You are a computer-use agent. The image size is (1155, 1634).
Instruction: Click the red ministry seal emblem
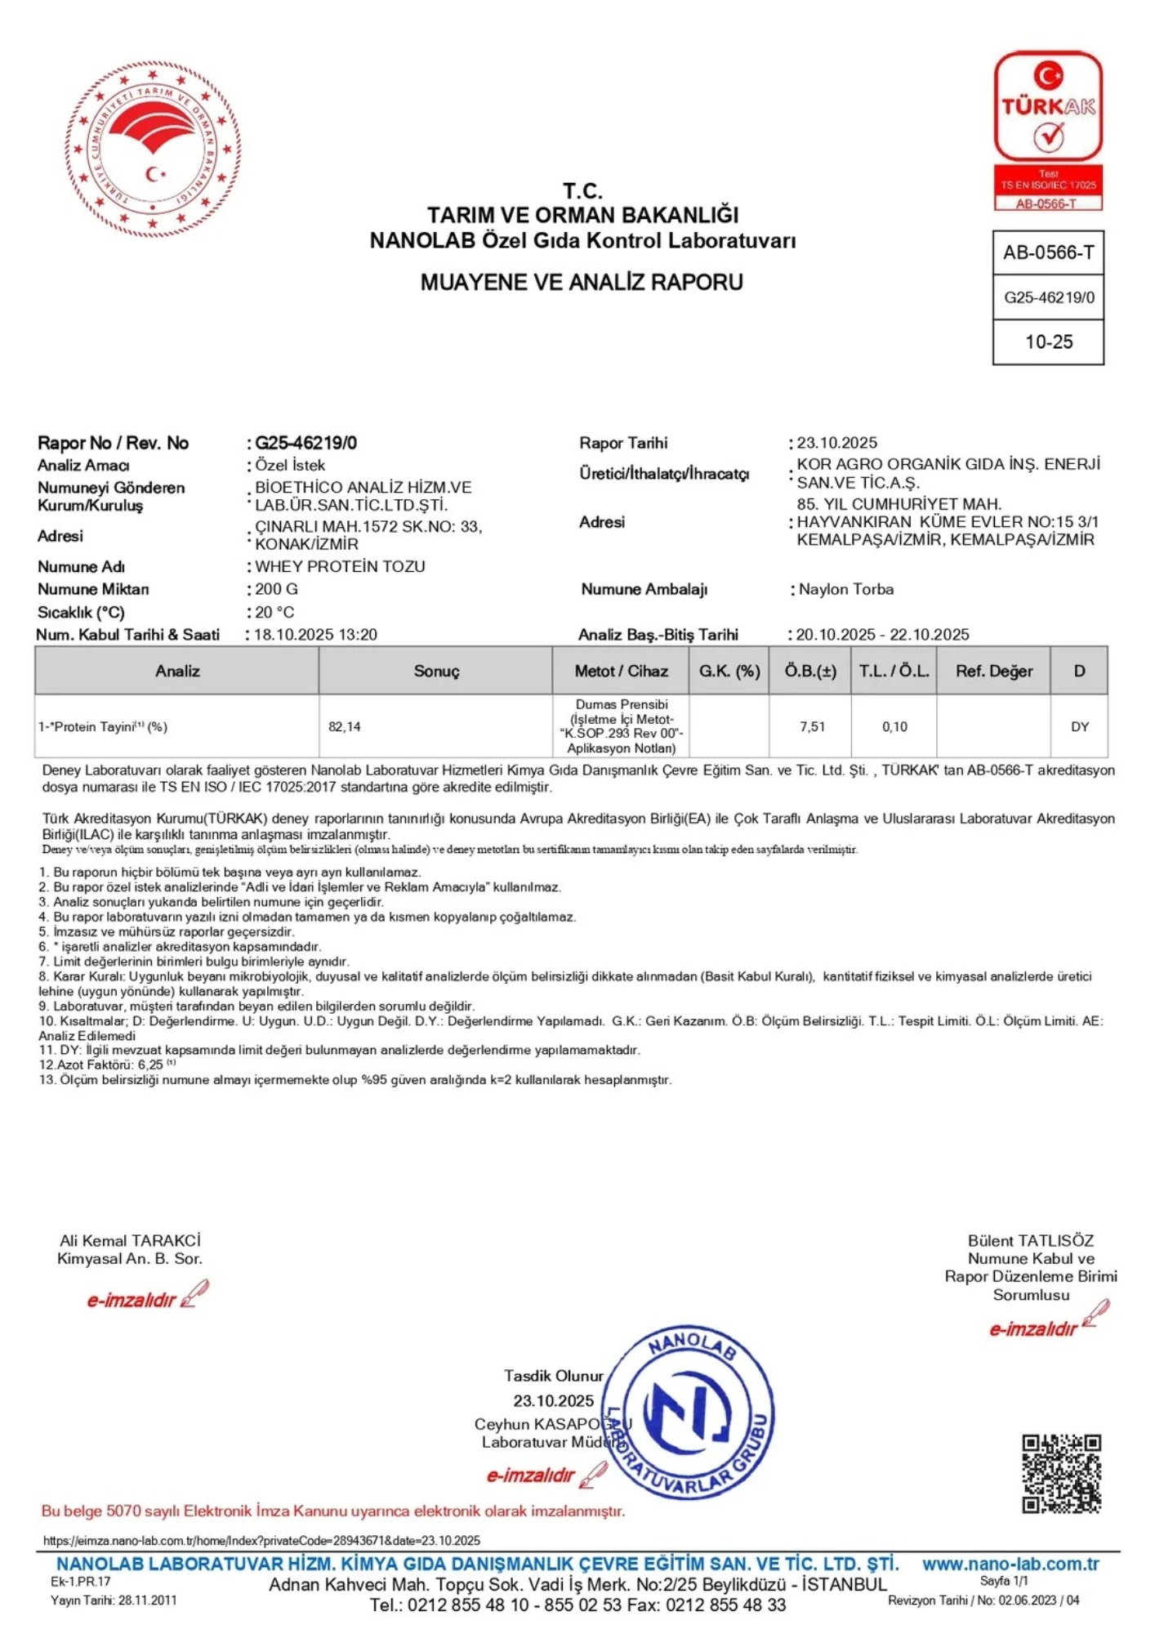click(152, 150)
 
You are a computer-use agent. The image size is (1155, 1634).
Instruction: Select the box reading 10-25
click(1049, 342)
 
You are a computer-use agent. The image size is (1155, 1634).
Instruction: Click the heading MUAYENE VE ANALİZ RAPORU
click(582, 283)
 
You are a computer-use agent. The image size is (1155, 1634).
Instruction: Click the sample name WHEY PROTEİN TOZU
click(340, 566)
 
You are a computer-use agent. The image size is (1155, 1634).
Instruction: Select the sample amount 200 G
click(276, 589)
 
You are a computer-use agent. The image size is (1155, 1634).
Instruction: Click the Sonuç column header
click(436, 672)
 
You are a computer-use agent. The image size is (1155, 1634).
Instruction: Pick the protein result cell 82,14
click(345, 726)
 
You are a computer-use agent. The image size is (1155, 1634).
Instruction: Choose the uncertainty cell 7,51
click(812, 726)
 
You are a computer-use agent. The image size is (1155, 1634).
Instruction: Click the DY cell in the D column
click(1079, 726)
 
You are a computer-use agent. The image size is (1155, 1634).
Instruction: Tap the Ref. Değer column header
click(994, 672)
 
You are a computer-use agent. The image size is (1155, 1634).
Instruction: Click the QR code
click(1061, 1473)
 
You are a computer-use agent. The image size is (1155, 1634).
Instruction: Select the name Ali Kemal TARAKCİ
click(130, 1240)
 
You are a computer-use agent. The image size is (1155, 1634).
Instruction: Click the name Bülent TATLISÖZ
click(1030, 1240)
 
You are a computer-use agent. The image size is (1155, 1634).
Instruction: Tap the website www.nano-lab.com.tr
click(1010, 1564)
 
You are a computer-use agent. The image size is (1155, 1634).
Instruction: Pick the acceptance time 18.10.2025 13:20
click(315, 635)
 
